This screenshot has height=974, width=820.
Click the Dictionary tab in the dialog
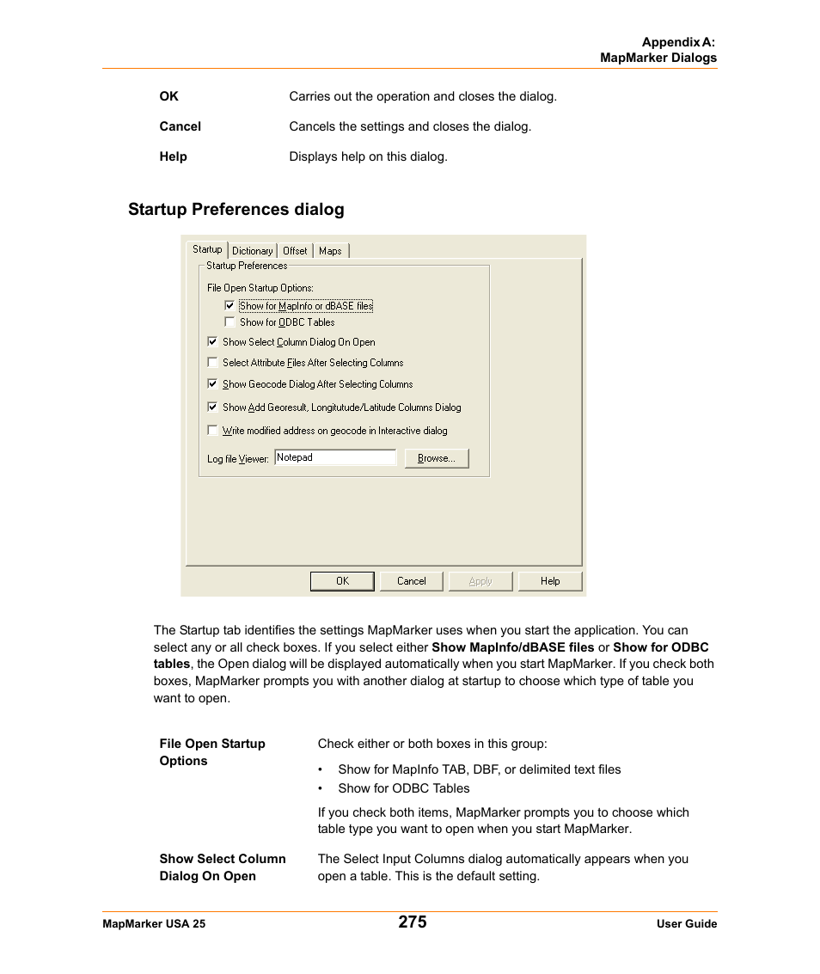click(252, 251)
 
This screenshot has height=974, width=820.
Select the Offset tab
click(295, 251)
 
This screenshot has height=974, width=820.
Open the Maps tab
click(330, 251)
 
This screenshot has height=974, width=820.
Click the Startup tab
click(207, 249)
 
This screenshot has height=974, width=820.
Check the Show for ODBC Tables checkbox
click(229, 322)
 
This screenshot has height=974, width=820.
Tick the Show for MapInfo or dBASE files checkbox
click(229, 305)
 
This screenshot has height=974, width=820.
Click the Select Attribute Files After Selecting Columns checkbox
click(213, 363)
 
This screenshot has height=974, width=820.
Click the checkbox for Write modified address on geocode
click(213, 431)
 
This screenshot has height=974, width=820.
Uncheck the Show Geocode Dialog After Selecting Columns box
click(213, 384)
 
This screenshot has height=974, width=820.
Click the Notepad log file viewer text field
click(335, 457)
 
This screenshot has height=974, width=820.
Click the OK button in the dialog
click(342, 581)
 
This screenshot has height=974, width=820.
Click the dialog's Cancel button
click(412, 581)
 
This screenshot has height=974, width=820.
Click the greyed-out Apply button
click(480, 581)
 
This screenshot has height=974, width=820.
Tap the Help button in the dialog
click(550, 581)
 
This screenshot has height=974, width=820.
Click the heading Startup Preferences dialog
click(236, 210)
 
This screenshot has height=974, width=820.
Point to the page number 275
click(413, 922)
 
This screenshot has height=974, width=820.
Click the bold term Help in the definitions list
click(173, 156)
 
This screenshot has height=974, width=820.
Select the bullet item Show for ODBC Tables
click(404, 788)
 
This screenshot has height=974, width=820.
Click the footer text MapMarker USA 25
click(154, 924)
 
